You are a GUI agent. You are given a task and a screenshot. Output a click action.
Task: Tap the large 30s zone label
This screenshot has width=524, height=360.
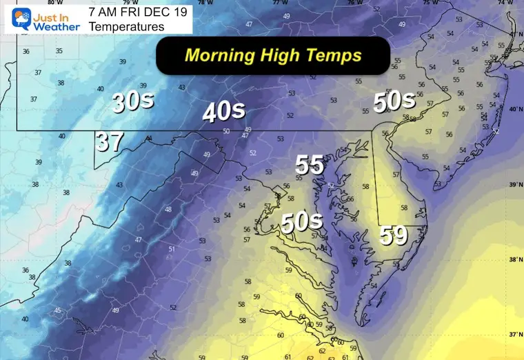133,103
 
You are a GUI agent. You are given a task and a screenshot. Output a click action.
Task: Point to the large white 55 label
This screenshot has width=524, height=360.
310,165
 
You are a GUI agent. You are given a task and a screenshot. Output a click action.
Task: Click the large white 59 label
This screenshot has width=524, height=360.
394,236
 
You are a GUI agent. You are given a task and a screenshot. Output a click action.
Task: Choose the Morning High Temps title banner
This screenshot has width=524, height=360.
274,54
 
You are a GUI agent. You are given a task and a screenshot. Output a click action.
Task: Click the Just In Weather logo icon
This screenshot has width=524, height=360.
15,19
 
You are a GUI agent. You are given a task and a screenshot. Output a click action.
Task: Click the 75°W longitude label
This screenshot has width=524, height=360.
430,2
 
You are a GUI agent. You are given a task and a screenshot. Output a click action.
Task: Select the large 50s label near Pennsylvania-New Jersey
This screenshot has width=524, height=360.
394,101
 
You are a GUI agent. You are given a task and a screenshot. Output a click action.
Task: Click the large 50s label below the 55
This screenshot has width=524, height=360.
301,222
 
